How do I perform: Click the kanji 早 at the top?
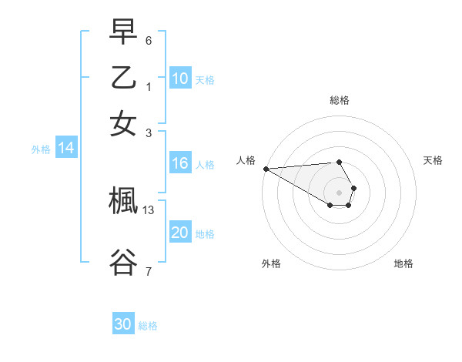[123, 33]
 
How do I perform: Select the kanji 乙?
[123, 77]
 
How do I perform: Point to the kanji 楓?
[123, 202]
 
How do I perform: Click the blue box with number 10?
[180, 79]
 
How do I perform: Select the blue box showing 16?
[180, 163]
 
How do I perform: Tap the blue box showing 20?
[180, 233]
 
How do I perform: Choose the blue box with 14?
[66, 149]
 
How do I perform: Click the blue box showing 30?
[123, 324]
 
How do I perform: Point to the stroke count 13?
[149, 209]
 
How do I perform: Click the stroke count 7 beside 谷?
[149, 270]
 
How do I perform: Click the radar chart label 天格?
[433, 160]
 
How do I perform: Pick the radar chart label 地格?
[403, 263]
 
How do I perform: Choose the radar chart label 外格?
[271, 263]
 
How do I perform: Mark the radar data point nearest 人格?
[265, 169]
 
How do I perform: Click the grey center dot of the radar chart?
[339, 192]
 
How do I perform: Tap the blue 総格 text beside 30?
[148, 326]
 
